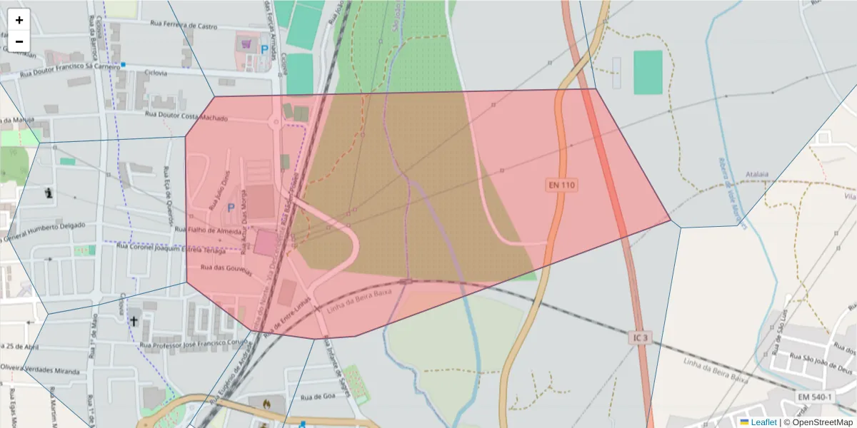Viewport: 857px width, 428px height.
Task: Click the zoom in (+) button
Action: coord(19,20)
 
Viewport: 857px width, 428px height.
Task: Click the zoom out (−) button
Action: coord(19,41)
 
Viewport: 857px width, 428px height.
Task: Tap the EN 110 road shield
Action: coord(562,185)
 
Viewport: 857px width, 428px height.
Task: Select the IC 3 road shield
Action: coord(641,337)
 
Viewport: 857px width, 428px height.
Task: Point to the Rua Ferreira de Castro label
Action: coord(184,26)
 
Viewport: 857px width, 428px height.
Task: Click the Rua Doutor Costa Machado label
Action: coord(186,116)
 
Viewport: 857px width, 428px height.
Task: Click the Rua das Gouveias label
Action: coord(226,268)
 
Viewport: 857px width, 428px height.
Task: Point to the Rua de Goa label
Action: coord(318,397)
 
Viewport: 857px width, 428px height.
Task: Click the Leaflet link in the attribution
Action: coord(763,422)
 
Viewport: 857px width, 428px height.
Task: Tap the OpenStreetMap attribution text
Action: coord(818,422)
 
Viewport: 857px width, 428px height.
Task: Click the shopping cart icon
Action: coord(246,44)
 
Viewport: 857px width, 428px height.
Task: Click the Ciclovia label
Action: coord(156,73)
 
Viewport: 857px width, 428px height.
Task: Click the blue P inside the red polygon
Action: coord(230,207)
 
